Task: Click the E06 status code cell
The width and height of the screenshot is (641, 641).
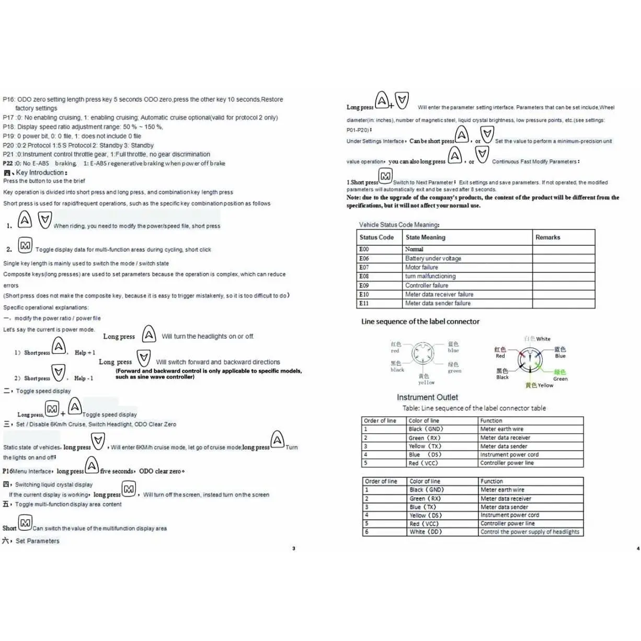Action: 364,258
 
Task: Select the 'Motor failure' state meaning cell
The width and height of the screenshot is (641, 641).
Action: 422,267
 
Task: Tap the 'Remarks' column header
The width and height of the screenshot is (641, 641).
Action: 547,237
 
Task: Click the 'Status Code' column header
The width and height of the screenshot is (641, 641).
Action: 376,237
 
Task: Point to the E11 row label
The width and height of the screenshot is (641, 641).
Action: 364,303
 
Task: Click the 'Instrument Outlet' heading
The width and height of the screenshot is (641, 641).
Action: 427,397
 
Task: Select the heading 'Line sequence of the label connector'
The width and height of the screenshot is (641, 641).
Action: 420,322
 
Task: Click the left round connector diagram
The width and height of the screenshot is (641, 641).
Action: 422,354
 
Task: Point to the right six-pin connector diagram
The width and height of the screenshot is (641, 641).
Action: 530,360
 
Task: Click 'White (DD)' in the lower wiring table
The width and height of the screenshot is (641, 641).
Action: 426,532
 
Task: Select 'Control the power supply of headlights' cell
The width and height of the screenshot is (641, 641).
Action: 530,532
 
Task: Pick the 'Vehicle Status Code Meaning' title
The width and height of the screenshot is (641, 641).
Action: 399,225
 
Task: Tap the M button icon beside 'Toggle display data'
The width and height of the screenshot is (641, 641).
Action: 25,245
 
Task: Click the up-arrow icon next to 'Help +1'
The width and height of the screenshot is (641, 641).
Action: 59,346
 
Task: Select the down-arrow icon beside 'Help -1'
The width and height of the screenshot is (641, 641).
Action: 59,372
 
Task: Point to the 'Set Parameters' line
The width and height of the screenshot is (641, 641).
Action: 38,541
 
